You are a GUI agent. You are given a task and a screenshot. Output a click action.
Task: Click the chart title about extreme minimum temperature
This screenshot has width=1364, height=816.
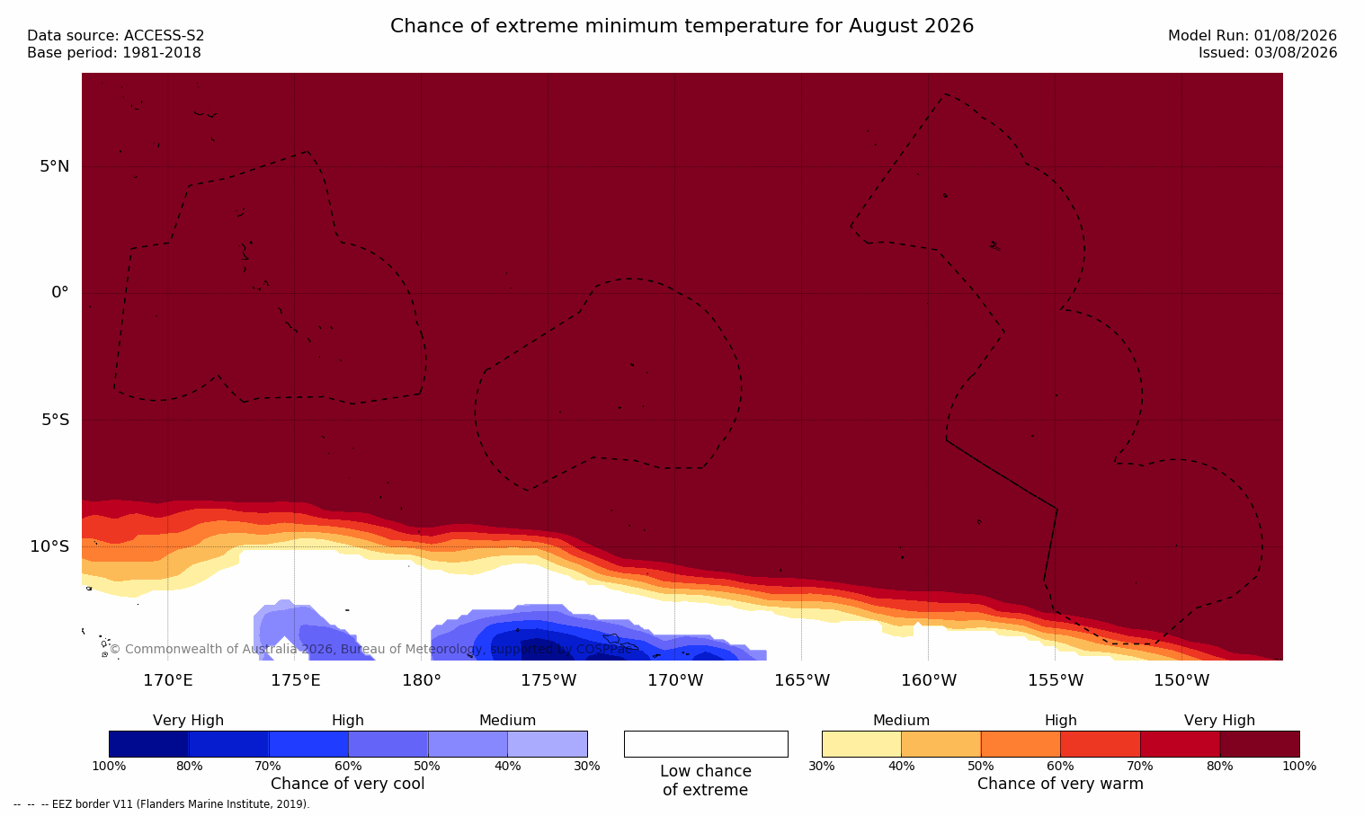coord(682,26)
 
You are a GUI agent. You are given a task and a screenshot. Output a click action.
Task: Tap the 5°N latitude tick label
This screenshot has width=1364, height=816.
coord(55,166)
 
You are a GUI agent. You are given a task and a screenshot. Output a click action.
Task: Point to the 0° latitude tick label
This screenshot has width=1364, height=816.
coord(59,293)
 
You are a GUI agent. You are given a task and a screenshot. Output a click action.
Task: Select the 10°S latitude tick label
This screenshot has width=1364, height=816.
coord(50,546)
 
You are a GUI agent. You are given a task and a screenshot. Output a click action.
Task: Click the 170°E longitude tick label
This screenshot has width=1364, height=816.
coord(168,680)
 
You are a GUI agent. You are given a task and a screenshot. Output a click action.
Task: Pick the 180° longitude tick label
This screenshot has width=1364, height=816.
coord(422,680)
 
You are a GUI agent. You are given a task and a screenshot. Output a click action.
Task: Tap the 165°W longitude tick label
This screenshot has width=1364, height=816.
coord(802,680)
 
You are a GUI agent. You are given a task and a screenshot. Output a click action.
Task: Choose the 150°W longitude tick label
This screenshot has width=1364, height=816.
coord(1182,680)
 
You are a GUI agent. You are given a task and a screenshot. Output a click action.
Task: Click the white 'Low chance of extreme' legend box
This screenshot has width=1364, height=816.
coord(706,744)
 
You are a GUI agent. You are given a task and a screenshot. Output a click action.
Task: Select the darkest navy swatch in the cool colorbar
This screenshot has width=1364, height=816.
coord(148,744)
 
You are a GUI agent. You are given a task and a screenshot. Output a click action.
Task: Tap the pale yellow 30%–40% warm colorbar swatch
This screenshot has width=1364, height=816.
coord(861,744)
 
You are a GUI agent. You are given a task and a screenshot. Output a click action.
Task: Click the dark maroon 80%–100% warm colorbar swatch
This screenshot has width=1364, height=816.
coord(1260,744)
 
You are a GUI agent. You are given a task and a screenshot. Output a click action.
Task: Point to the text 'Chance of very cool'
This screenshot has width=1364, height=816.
coord(348,784)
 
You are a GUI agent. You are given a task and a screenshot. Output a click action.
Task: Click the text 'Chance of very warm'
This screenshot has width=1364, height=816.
coord(1060,784)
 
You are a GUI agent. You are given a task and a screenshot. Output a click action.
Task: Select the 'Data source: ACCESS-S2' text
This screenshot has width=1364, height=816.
coord(116,36)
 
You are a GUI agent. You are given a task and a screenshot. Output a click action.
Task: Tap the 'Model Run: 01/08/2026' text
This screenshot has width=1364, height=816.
coord(1252,36)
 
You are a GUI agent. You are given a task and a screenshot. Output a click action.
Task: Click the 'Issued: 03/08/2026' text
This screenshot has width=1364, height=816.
coord(1268,53)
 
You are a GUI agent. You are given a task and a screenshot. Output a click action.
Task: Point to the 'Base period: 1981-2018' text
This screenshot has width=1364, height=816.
coord(114,53)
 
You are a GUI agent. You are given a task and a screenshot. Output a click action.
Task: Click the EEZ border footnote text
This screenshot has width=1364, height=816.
coord(161,803)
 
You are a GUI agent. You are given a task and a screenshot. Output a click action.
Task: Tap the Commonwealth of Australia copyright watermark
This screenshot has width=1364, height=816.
coord(370,649)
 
